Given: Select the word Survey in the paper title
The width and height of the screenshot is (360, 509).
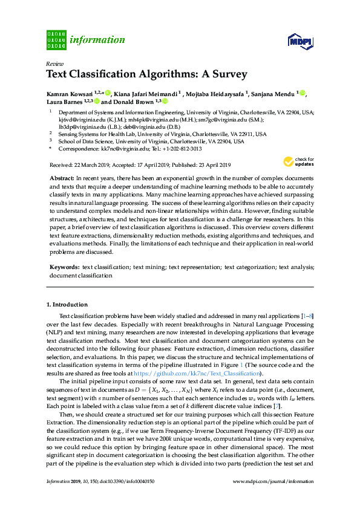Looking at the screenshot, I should [x=228, y=75].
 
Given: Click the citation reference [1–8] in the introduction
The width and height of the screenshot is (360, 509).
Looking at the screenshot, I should [x=308, y=316].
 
